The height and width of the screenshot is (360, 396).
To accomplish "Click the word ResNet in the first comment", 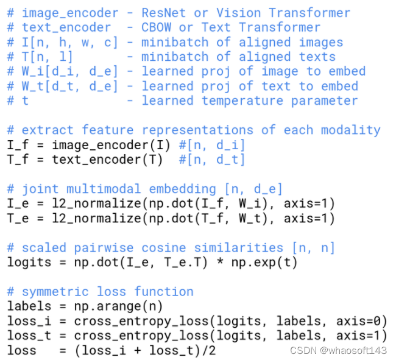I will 163,12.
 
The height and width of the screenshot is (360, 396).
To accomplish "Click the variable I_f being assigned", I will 18,145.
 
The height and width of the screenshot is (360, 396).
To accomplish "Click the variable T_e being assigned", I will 18,218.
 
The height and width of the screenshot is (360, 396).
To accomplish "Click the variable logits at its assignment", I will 29,263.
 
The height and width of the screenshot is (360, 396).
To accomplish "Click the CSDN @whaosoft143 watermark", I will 338,350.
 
